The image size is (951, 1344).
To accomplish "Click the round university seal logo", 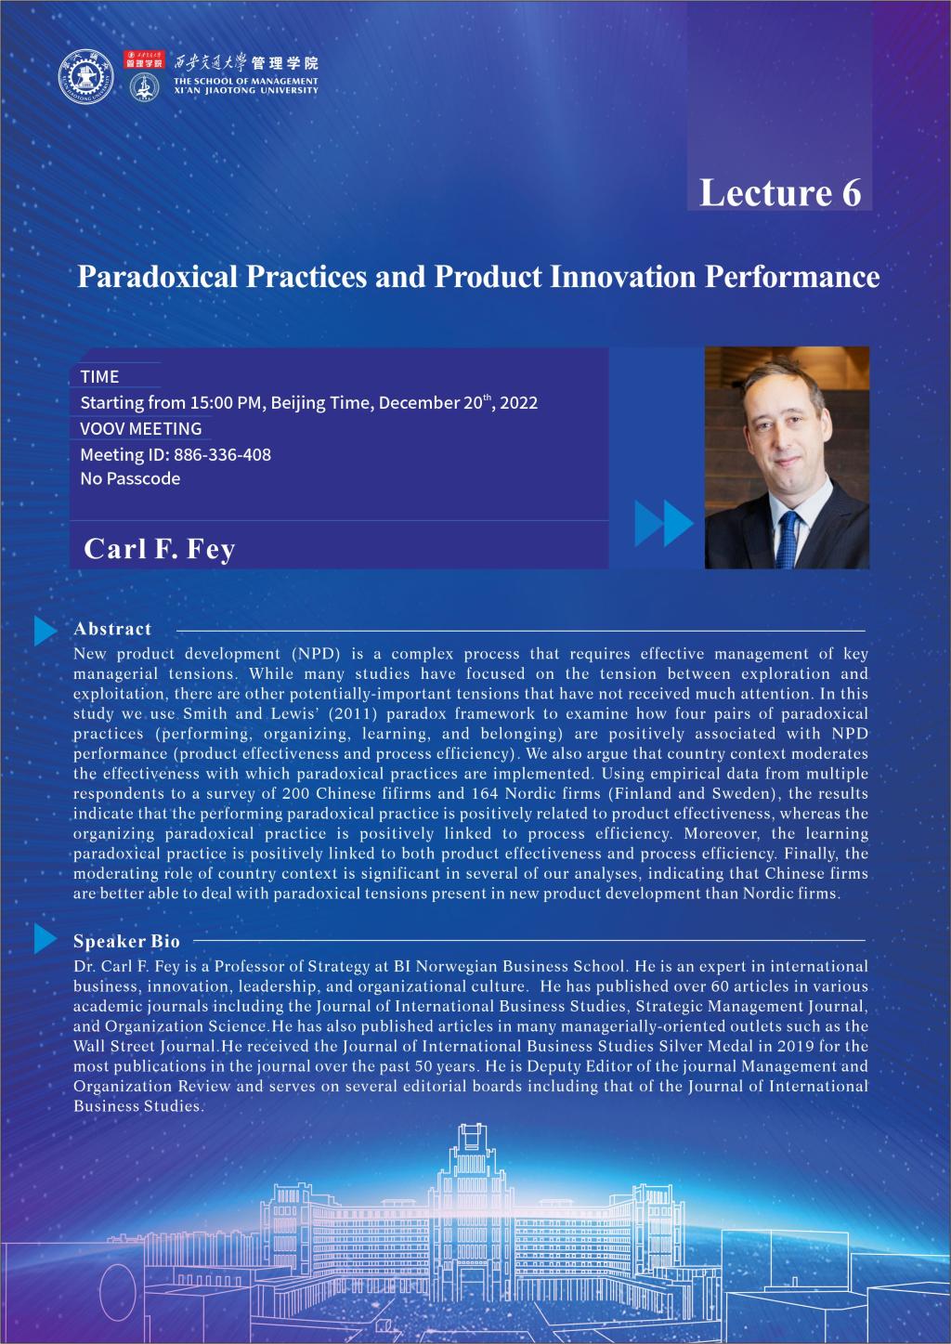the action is click(x=85, y=77).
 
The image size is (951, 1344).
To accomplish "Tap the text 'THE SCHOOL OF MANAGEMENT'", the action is click(x=246, y=81).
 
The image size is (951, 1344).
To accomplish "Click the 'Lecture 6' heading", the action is click(x=780, y=192).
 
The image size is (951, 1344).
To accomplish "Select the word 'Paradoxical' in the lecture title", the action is click(x=158, y=277).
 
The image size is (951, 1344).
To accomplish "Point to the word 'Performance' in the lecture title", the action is click(x=792, y=277).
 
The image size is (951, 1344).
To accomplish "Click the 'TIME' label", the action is click(x=99, y=377).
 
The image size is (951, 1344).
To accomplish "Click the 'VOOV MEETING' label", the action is click(x=141, y=428).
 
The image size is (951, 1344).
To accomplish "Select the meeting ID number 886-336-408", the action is click(x=222, y=455).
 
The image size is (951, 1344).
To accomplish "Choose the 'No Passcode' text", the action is click(x=130, y=478).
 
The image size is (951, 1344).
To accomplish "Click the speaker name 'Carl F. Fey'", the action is click(x=160, y=549).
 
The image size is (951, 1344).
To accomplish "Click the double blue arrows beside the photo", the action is click(x=664, y=523).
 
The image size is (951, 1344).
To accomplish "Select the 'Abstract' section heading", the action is click(x=112, y=629).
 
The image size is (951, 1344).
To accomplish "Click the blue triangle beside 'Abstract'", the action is click(x=46, y=631).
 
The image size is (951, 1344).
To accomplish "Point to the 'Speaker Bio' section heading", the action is click(x=126, y=941).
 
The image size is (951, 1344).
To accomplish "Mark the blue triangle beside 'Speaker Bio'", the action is click(x=46, y=938).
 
